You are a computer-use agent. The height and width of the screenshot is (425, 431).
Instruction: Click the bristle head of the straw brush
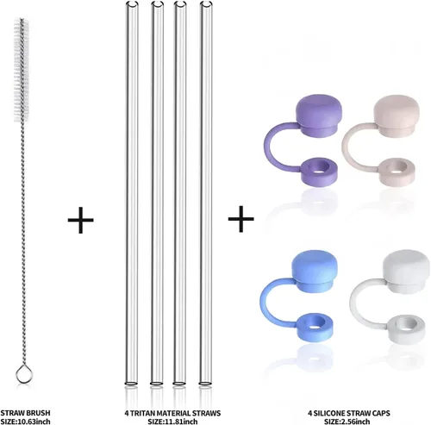coord(22,70)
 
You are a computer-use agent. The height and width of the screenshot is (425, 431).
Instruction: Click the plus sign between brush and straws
coord(80,220)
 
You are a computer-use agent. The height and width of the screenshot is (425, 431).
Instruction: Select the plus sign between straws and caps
coord(240,219)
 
